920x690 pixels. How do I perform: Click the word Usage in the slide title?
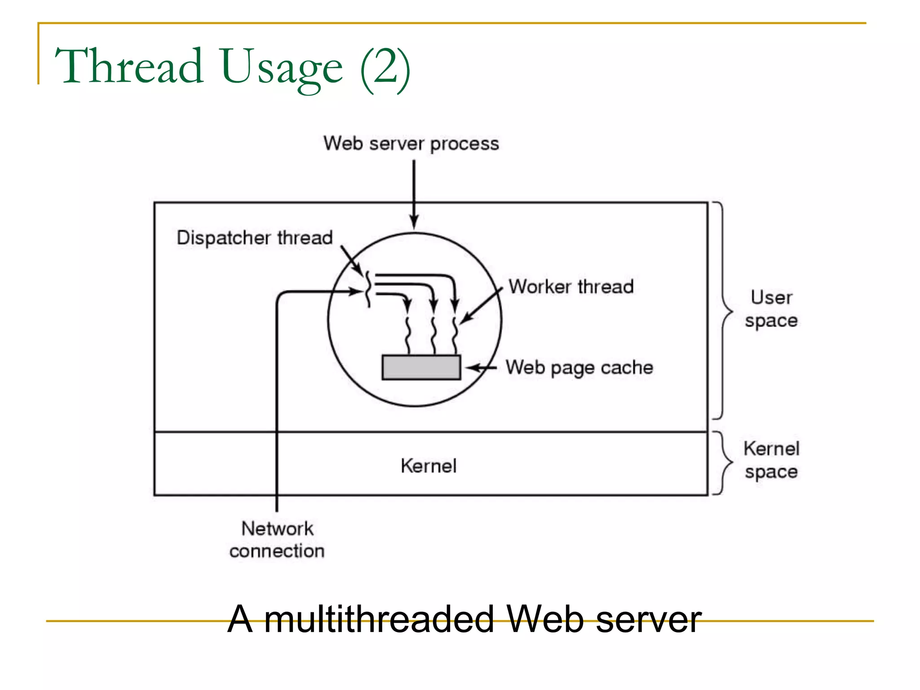click(x=282, y=67)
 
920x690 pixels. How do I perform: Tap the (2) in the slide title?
click(x=385, y=67)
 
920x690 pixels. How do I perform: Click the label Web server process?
click(x=411, y=144)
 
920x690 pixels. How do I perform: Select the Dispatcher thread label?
click(x=255, y=238)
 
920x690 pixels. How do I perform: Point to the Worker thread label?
click(x=571, y=287)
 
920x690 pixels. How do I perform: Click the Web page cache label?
click(x=579, y=367)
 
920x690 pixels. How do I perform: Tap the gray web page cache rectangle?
click(x=421, y=367)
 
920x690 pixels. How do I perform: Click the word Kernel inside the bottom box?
click(x=429, y=466)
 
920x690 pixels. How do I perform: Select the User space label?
click(x=771, y=309)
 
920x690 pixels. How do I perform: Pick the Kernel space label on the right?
click(x=771, y=460)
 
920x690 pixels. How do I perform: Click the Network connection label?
click(x=277, y=540)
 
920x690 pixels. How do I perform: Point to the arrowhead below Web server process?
click(x=414, y=222)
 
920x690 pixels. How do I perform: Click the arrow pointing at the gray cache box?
click(x=480, y=368)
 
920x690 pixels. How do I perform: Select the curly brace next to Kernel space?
click(x=724, y=462)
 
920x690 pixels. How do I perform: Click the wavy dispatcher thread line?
click(x=368, y=289)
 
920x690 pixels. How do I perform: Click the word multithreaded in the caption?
click(x=379, y=619)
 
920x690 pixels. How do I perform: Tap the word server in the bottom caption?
click(x=648, y=619)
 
